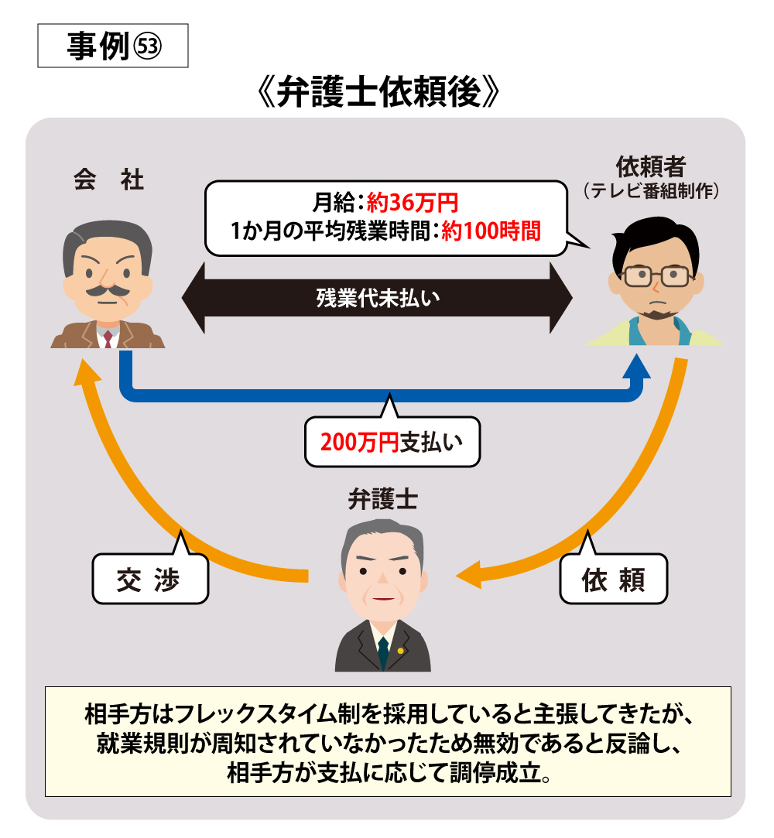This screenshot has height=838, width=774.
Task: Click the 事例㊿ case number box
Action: [x=113, y=46]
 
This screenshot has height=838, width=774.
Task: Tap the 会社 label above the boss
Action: [x=108, y=180]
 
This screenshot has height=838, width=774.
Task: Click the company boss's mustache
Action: [x=108, y=291]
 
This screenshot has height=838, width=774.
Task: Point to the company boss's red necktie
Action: [x=108, y=338]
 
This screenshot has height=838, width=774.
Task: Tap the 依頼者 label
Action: [x=650, y=166]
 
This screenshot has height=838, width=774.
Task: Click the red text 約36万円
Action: [x=412, y=203]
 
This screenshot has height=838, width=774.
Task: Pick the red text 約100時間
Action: [x=491, y=231]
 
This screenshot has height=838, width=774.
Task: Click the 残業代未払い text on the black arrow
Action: [x=378, y=298]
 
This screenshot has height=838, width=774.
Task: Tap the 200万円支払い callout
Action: [x=392, y=442]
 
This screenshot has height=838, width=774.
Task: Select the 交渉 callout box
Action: [x=150, y=579]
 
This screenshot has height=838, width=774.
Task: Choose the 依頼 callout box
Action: [x=613, y=579]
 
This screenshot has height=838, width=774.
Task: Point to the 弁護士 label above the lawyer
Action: [x=382, y=500]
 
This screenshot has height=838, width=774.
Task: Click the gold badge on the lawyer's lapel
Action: [x=400, y=651]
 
